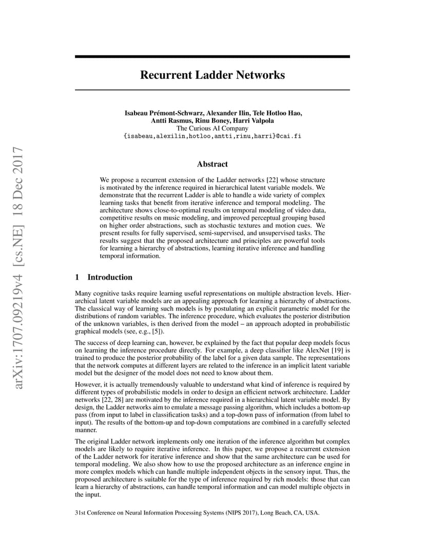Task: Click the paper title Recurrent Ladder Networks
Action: [212, 75]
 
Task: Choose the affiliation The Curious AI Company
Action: [212, 128]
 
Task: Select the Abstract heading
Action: [212, 164]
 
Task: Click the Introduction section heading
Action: [109, 278]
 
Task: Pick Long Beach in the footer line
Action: [276, 512]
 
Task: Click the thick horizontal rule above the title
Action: [212, 57]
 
